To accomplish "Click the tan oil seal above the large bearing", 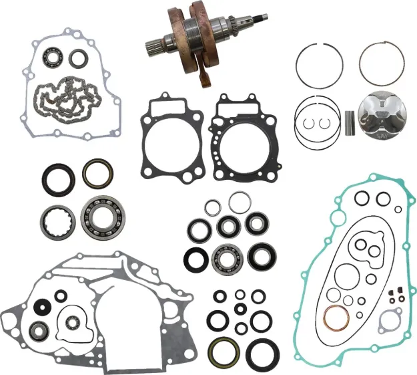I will [97, 173].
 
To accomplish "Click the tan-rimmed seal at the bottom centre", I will [220, 352].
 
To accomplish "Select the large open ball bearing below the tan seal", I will [99, 215].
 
